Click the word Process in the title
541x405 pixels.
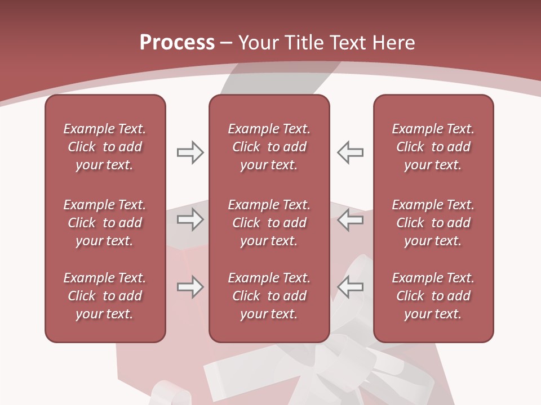(177, 43)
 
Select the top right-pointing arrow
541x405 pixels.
(190, 152)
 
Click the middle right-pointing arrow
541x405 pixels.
(190, 219)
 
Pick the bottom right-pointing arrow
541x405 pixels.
(190, 287)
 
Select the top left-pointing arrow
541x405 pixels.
(350, 152)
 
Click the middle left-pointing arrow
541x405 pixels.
(350, 219)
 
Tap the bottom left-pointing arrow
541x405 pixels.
(350, 287)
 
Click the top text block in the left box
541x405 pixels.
(105, 147)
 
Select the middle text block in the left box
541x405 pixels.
(105, 223)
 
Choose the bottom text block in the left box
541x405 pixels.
(105, 296)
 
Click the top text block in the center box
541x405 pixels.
(269, 147)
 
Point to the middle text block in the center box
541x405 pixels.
(269, 223)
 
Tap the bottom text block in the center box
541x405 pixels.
(269, 296)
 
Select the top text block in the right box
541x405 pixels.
(433, 147)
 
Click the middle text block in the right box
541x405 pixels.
(433, 223)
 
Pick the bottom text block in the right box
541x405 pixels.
(433, 296)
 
